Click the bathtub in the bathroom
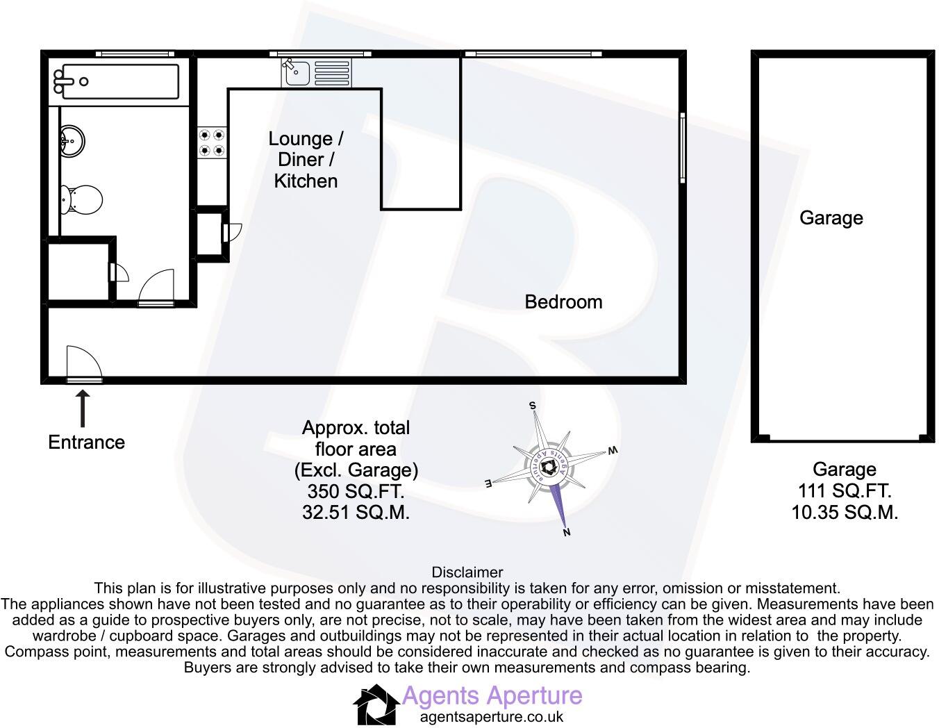[x=117, y=81]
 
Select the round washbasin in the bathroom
[x=72, y=141]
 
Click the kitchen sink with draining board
[x=316, y=72]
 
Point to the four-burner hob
[x=212, y=142]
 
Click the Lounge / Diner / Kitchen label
[x=306, y=160]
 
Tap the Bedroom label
[x=563, y=302]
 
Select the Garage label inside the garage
[x=831, y=218]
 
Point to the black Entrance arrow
[x=83, y=408]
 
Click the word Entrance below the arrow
[x=86, y=442]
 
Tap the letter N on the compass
[x=567, y=533]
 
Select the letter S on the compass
[x=533, y=405]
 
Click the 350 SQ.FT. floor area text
[x=356, y=492]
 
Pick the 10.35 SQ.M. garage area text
[x=845, y=513]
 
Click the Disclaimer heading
[x=467, y=572]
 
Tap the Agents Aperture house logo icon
[x=376, y=704]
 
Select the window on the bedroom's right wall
[x=683, y=147]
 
